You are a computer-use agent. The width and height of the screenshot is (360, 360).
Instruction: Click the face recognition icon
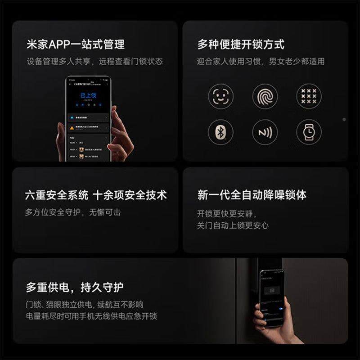pos(220,96)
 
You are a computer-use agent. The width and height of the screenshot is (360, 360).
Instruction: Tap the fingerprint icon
pos(265,96)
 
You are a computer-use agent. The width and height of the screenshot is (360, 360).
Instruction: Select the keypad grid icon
pos(309,96)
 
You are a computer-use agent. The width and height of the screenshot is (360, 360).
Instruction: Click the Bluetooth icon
pos(220,132)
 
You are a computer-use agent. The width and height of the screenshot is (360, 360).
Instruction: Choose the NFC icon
pos(265,132)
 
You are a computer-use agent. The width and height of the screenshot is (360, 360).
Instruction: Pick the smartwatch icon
pos(309,132)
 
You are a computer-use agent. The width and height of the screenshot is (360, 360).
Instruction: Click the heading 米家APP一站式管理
pos(75,45)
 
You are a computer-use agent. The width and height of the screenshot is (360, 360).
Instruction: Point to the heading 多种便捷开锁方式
pos(241,45)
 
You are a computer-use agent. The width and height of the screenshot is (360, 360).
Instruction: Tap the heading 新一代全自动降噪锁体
pos(252,195)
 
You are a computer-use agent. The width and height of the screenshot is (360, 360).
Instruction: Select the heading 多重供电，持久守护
pos(75,287)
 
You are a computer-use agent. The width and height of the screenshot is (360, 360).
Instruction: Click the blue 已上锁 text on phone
pos(88,95)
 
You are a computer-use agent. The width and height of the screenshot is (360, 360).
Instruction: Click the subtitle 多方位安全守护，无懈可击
pos(73,212)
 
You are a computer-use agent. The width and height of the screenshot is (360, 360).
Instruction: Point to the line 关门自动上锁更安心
pos(233,225)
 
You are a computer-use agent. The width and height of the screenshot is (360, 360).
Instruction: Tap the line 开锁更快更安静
pos(226,213)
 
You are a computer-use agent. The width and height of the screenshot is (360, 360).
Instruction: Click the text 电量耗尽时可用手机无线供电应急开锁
pos(91,316)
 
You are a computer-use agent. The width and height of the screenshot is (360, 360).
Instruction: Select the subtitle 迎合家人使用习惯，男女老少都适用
pos(261,61)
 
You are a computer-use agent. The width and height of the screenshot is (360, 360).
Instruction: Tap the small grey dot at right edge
pos(344,119)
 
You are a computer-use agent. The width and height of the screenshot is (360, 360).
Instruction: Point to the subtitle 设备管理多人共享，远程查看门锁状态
pos(94,61)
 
